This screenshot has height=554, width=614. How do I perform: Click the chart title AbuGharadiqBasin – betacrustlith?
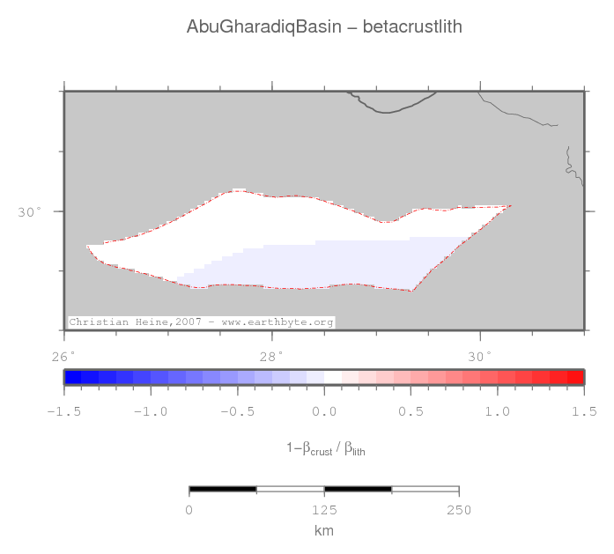click(x=323, y=27)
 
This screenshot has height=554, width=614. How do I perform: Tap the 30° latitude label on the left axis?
click(x=30, y=211)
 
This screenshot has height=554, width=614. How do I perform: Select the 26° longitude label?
click(x=63, y=357)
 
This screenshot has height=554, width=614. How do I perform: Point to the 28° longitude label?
click(x=271, y=357)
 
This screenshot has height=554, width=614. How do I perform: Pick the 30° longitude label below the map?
click(x=479, y=357)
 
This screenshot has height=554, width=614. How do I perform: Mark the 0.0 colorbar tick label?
click(x=324, y=411)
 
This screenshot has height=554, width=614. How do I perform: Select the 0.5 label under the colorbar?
click(x=411, y=411)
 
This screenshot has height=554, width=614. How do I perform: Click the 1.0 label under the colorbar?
click(x=498, y=411)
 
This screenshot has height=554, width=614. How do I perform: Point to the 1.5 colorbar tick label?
click(x=584, y=411)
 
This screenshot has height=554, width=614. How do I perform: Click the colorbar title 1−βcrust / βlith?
click(x=325, y=449)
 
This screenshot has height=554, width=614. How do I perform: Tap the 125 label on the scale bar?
click(x=324, y=511)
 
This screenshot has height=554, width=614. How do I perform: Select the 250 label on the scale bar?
click(x=459, y=511)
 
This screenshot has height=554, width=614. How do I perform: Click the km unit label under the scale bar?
click(x=324, y=530)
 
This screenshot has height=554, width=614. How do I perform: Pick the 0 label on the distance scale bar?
click(x=189, y=511)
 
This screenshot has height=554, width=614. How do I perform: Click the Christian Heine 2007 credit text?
click(x=202, y=322)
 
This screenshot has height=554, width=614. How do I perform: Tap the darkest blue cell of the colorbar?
click(x=73, y=377)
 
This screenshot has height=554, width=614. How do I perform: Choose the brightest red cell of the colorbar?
click(x=574, y=377)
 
